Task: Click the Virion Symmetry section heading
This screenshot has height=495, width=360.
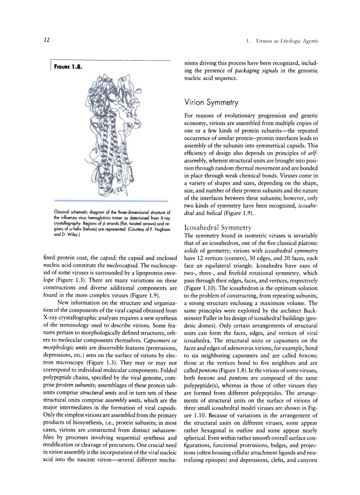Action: tap(211, 102)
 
